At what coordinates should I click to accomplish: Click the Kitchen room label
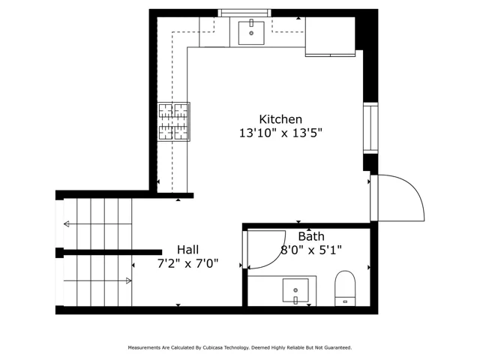(280, 119)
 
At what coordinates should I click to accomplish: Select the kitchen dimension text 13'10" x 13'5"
(280, 133)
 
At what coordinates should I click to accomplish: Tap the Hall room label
(187, 250)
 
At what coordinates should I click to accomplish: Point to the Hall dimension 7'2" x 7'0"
(187, 263)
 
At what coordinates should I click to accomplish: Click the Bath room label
(311, 236)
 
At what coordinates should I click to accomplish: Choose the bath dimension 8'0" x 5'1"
(311, 250)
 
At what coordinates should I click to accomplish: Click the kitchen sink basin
(251, 33)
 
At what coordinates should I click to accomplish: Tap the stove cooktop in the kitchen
(173, 121)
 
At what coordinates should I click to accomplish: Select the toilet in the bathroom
(345, 288)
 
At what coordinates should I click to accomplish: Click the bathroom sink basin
(295, 290)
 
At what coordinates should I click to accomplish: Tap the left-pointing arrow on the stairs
(97, 224)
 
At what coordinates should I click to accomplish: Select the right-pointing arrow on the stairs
(97, 280)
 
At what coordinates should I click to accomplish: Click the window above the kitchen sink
(244, 13)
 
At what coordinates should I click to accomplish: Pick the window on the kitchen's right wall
(370, 128)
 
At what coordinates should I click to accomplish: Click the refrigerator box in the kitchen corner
(330, 37)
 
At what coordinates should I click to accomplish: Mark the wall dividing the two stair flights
(109, 253)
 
